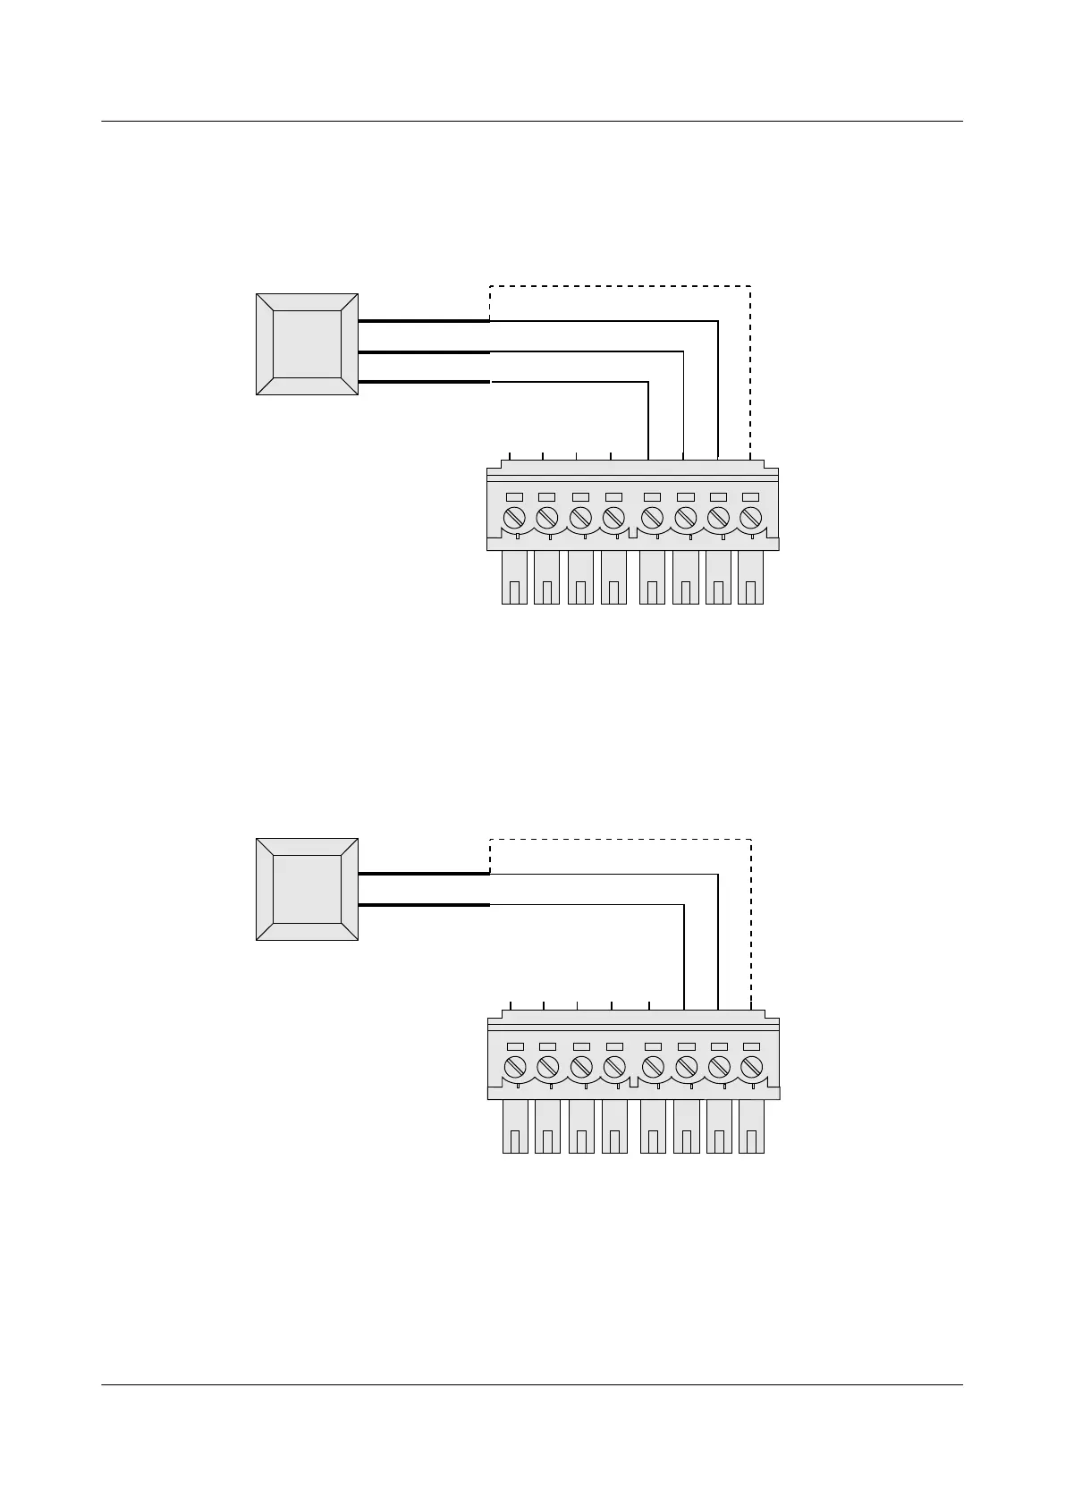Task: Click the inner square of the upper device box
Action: (307, 344)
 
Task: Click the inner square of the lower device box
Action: (307, 889)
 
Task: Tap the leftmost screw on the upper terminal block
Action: (515, 518)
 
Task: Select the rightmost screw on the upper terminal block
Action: (750, 518)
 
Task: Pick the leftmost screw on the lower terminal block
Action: (515, 1067)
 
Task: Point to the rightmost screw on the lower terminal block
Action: (751, 1067)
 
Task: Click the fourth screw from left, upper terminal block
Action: (613, 518)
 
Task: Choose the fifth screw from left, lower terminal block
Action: (653, 1067)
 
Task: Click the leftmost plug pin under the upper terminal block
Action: (514, 578)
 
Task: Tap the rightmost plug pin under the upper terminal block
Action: (750, 578)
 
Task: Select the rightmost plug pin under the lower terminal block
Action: (751, 1127)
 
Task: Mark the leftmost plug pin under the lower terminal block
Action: (515, 1127)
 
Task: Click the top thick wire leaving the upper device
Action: (423, 321)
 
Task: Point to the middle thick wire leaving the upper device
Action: (423, 352)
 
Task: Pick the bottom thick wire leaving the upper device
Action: (423, 383)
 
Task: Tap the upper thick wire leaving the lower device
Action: (423, 874)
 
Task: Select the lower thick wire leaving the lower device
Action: (423, 905)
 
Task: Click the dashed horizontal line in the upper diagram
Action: (620, 286)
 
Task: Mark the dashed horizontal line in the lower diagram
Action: (620, 839)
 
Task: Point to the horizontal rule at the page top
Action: (532, 121)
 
